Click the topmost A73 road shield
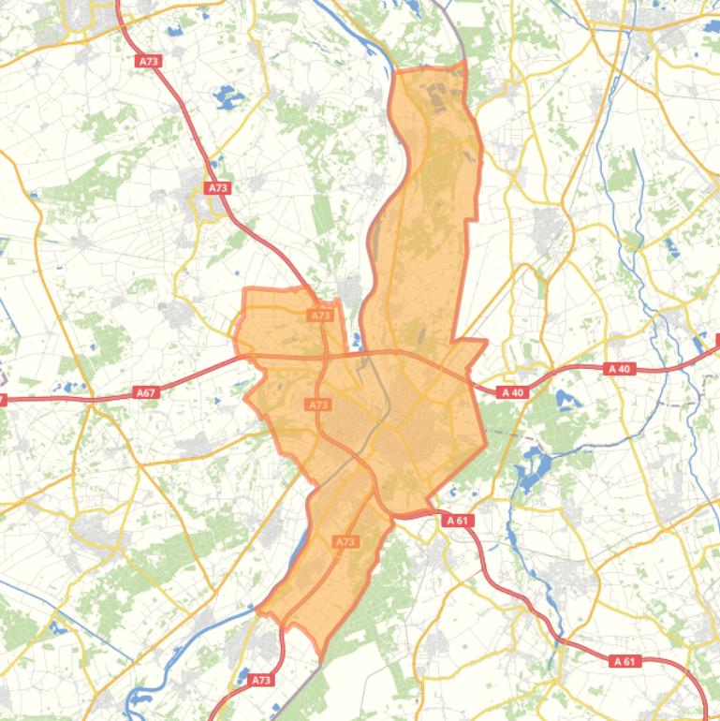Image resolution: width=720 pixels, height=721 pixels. coord(148,61)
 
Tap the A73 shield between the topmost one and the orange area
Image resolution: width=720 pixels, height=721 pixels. coord(218,188)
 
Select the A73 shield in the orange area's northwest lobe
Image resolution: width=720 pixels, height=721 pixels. coord(320,316)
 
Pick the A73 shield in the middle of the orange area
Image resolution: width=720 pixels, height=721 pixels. coord(318,378)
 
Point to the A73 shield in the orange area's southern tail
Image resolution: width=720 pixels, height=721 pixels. coord(345,541)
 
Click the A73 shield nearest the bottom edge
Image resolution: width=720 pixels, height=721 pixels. coord(261,680)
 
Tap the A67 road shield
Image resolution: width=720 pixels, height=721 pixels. coord(145,366)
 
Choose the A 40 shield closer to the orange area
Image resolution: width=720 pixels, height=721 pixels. coord(512,366)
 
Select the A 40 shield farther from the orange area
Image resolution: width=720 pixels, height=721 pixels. coord(619,343)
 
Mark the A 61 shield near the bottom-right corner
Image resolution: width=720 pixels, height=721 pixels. coord(624,661)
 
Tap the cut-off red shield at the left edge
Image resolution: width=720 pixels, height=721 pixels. coord(3,374)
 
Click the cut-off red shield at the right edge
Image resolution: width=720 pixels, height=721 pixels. coord(716,341)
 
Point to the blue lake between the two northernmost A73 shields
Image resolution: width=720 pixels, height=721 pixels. coord(227,96)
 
